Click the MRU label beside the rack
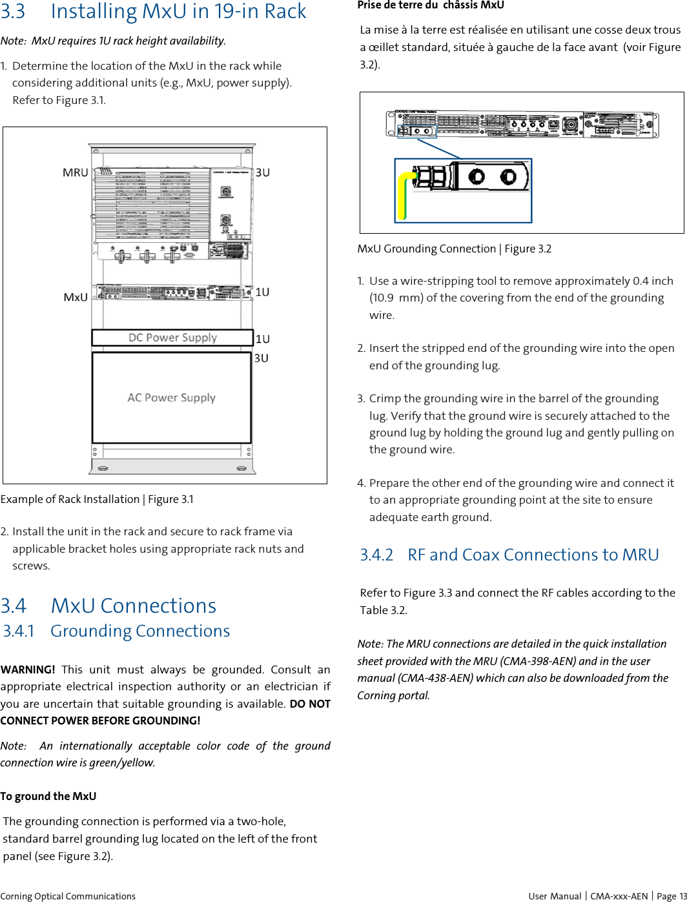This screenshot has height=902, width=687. tap(75, 172)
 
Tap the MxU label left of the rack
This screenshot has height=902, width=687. tap(76, 297)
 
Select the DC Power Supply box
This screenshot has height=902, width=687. tap(172, 338)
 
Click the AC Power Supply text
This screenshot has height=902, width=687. tap(171, 398)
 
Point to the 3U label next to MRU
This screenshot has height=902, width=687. tap(263, 172)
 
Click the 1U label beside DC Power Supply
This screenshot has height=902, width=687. tap(263, 339)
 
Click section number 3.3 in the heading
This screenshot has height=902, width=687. tap(13, 12)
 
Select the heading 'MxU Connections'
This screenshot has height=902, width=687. tap(133, 606)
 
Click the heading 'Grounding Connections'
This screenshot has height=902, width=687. tap(140, 631)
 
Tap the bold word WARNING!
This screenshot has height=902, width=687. tap(28, 670)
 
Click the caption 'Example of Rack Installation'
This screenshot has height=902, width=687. tap(70, 499)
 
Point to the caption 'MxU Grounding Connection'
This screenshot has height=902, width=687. tap(427, 249)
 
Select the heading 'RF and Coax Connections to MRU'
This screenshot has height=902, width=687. tap(533, 555)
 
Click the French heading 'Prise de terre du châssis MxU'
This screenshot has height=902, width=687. tap(431, 5)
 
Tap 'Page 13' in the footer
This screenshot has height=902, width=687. tap(672, 896)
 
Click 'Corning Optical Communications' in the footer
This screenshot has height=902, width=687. tap(68, 896)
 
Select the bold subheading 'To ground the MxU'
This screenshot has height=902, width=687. tap(48, 796)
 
